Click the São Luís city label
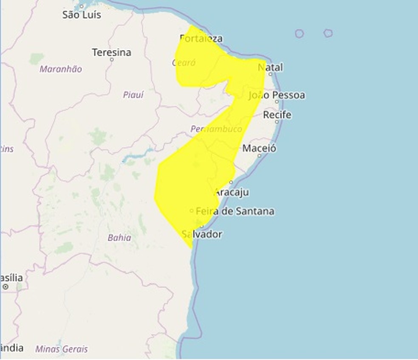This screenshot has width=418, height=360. coord(82,15)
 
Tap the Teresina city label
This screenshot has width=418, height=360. coord(111,53)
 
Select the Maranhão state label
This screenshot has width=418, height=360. coord(61,69)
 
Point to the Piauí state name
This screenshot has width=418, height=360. coord(133,95)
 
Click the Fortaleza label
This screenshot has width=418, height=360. coord(201,39)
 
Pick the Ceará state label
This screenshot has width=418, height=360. coord(184,63)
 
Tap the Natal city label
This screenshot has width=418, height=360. coord(270,67)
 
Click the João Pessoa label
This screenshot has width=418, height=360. coord(277,95)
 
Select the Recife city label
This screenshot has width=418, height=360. coord(277,115)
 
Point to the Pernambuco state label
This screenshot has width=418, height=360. coord(216,129)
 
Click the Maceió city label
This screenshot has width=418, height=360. coord(259,149)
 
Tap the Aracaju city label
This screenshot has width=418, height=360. coord(232,192)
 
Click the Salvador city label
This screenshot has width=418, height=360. coord(202,234)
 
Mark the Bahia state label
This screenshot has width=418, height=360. coord(119,238)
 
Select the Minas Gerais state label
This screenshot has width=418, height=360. coord(62,349)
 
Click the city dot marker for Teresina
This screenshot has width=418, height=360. coord(112,59)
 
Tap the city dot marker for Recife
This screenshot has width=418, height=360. coord(277,122)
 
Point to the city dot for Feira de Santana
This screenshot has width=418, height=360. coord(192,211)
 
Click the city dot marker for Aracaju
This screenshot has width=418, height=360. coord(231,183)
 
